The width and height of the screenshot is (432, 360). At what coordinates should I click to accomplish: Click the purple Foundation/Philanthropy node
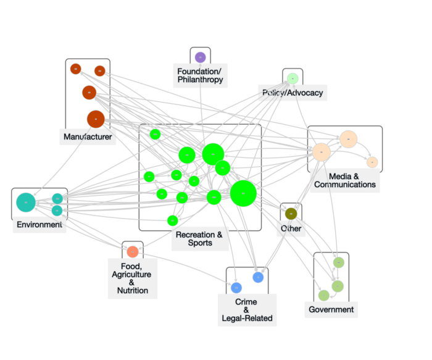tap(200, 57)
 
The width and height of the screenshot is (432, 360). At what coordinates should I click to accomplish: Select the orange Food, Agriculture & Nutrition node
tap(132, 252)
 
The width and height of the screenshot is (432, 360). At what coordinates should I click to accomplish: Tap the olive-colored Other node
tap(291, 214)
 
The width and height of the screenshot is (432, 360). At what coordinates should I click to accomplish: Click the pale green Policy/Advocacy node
tap(293, 78)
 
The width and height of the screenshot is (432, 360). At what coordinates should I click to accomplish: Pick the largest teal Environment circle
tap(25, 201)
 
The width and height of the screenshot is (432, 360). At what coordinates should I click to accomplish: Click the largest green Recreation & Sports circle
tap(243, 193)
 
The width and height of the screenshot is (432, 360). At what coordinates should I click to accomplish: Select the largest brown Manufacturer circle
tap(95, 119)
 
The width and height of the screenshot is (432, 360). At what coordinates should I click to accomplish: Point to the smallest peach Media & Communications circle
tap(372, 162)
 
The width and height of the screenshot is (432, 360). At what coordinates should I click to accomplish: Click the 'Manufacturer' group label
tap(88, 136)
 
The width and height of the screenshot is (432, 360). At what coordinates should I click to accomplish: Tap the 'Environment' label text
tap(39, 224)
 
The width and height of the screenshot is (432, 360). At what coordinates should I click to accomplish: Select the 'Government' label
tap(331, 309)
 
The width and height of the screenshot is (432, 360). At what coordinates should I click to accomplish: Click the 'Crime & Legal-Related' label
tap(246, 310)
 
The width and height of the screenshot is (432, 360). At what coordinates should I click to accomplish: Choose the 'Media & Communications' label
tap(344, 180)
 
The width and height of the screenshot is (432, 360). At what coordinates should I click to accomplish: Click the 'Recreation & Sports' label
tap(199, 238)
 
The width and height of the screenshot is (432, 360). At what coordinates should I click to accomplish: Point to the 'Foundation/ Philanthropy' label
tap(199, 75)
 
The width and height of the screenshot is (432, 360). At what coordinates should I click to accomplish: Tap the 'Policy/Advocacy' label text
tap(292, 93)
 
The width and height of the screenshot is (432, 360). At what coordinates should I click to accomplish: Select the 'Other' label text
tap(291, 228)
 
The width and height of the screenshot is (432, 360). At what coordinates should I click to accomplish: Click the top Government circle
tap(338, 262)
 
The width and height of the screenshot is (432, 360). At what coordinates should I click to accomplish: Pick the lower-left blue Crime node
tap(236, 288)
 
